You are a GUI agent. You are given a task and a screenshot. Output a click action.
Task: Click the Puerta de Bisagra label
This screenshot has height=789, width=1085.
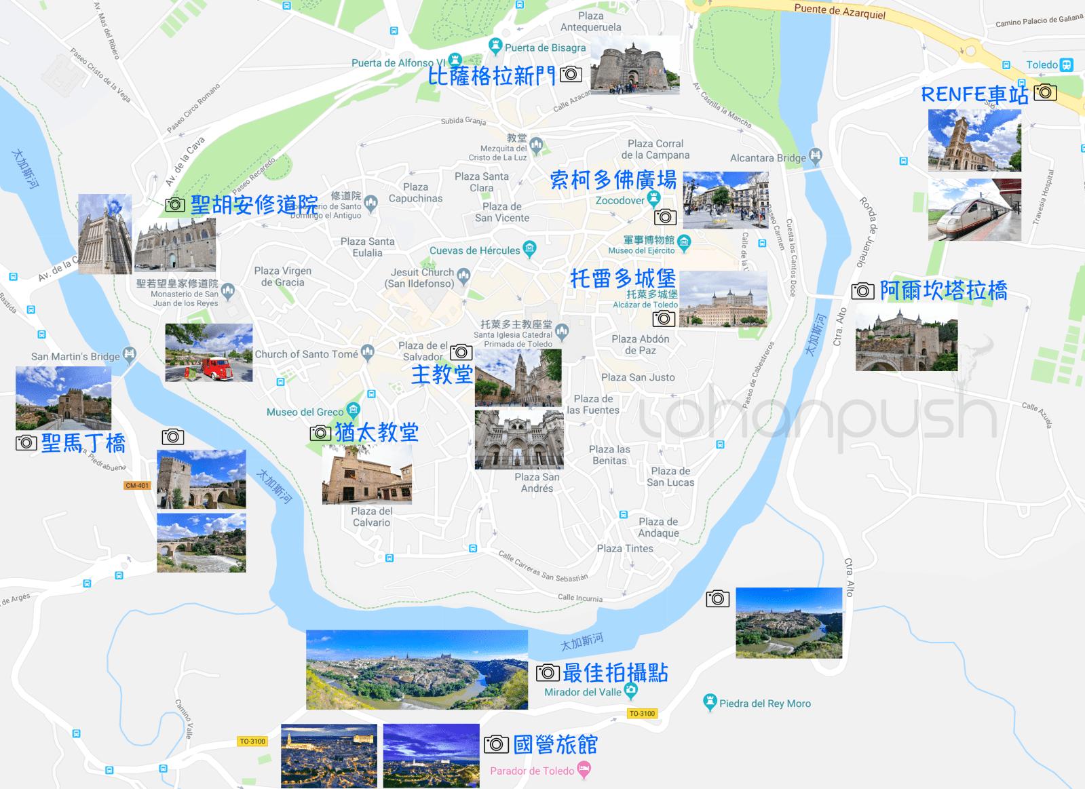point(545,47)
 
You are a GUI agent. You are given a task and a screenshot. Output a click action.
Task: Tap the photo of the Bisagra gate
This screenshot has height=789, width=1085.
point(634,65)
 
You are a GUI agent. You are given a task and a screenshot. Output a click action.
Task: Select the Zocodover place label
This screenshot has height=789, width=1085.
point(620,200)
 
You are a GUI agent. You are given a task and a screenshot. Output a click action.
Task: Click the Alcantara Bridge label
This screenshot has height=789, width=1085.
point(767,158)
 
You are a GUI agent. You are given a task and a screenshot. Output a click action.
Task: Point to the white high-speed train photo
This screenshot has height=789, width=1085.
point(974,210)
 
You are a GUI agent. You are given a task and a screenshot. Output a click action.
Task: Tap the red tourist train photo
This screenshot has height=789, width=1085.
point(209,353)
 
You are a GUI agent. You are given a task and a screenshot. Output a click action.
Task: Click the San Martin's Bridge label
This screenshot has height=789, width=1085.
point(75,356)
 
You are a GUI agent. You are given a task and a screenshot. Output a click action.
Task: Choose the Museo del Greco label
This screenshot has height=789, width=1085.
point(305,412)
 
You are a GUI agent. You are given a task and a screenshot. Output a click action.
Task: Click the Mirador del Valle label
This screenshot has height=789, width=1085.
point(582,692)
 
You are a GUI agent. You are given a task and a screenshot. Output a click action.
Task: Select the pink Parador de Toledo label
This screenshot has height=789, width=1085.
point(532,771)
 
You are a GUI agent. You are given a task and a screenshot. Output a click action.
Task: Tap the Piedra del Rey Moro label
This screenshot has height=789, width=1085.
point(765,704)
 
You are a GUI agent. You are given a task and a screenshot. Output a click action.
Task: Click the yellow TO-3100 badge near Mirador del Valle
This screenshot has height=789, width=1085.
point(642,713)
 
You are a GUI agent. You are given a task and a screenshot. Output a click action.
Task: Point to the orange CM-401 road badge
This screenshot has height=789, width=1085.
point(137,485)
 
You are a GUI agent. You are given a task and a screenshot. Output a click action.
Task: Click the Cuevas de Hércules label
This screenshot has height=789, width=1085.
point(474,250)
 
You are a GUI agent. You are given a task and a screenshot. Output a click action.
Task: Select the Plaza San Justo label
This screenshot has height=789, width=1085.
point(638,377)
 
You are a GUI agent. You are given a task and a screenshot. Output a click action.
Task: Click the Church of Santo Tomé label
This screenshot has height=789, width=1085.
point(306,354)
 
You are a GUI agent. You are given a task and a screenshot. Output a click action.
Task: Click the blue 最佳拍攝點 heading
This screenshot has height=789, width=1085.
point(615,672)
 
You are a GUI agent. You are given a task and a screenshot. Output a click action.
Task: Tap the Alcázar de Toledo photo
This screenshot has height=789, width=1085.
point(723,299)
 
